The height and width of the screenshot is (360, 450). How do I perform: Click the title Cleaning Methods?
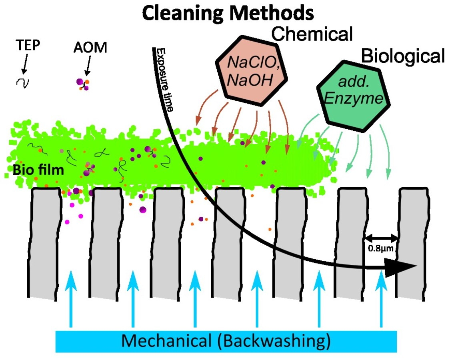click(x=228, y=13)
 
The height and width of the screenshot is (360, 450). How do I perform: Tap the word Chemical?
click(x=312, y=35)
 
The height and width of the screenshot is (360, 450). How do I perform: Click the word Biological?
click(x=403, y=56)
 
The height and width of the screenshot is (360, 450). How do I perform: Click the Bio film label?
click(x=38, y=170)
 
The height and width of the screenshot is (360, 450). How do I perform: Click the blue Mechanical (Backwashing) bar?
click(x=226, y=341)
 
